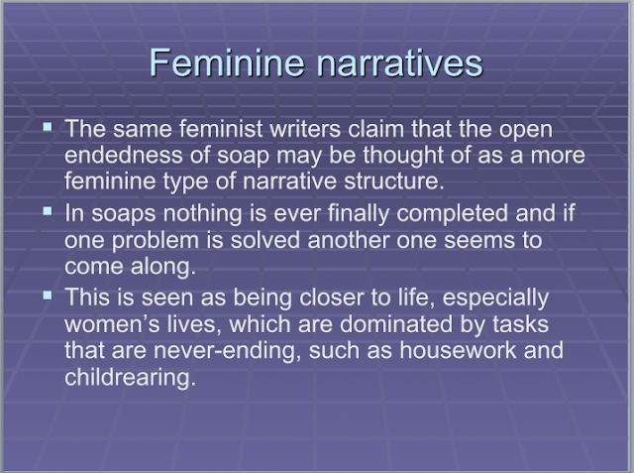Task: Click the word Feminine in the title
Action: (x=227, y=62)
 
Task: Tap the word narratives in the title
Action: (x=399, y=63)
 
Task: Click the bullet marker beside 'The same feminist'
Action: (x=48, y=127)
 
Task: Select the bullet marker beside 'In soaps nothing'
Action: (x=48, y=211)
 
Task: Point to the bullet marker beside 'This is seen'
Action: (x=48, y=296)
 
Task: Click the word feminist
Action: (x=221, y=129)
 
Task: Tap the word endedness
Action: (x=123, y=155)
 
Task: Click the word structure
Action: (x=394, y=180)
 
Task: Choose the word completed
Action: (x=452, y=213)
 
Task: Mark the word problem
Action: (x=156, y=240)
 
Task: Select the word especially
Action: (x=495, y=297)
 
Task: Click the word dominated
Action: (x=396, y=324)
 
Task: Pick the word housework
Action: (x=458, y=350)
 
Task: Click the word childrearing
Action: (x=130, y=377)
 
